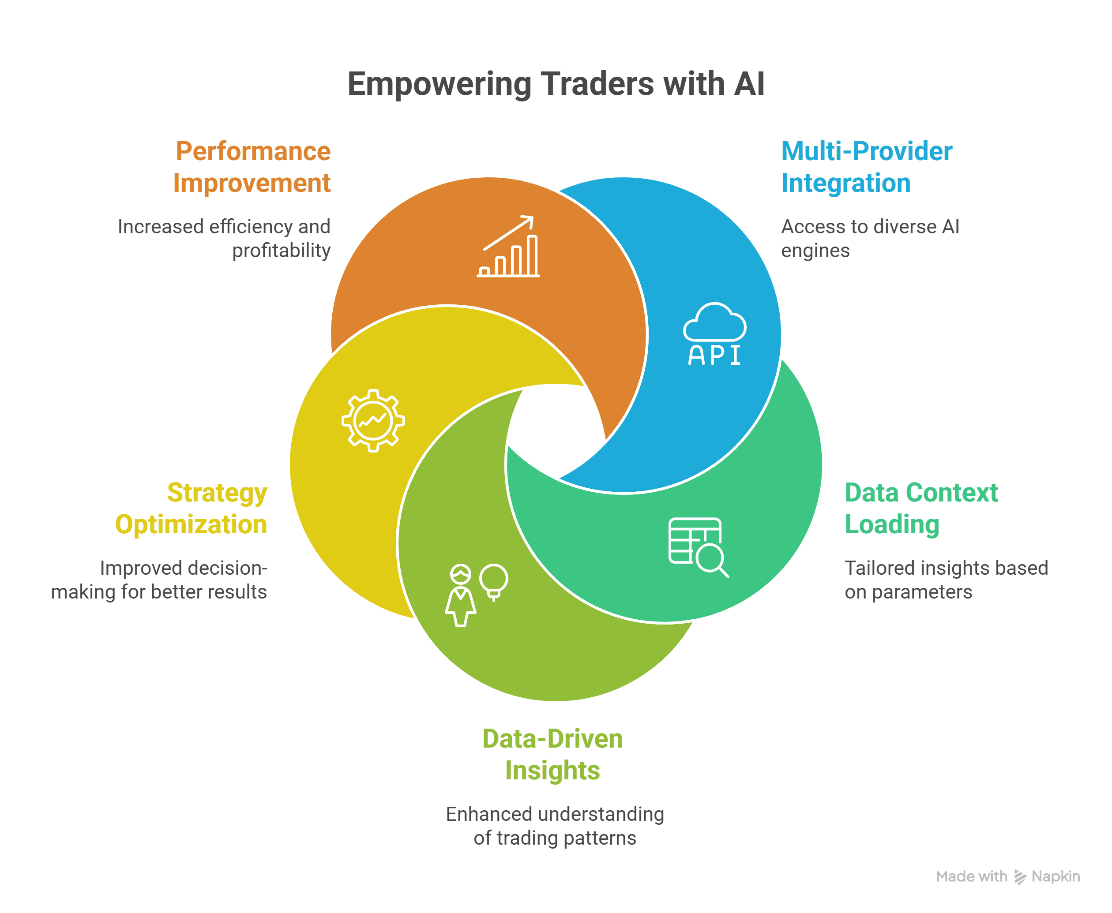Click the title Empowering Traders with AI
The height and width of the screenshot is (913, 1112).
pos(556,84)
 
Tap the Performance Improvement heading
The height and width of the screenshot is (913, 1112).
pos(252,167)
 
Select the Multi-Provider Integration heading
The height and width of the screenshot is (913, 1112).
pos(866,167)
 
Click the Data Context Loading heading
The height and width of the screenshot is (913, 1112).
pos(920,509)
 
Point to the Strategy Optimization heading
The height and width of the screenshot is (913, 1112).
pos(192,509)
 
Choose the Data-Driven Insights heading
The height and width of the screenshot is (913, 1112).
pos(552,755)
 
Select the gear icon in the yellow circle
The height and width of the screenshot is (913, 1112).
pos(373,420)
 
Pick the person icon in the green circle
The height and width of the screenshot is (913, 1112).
pos(461,595)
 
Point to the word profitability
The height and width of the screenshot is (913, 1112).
pos(282,251)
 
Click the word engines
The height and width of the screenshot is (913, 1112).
pos(815,251)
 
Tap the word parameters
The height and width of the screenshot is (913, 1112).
pos(921,592)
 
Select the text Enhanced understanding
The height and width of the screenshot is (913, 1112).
pos(555,814)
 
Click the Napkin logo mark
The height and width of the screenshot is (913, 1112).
pos(1020,877)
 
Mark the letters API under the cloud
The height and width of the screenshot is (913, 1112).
pos(714,355)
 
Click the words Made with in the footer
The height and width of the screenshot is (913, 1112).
pos(972,877)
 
